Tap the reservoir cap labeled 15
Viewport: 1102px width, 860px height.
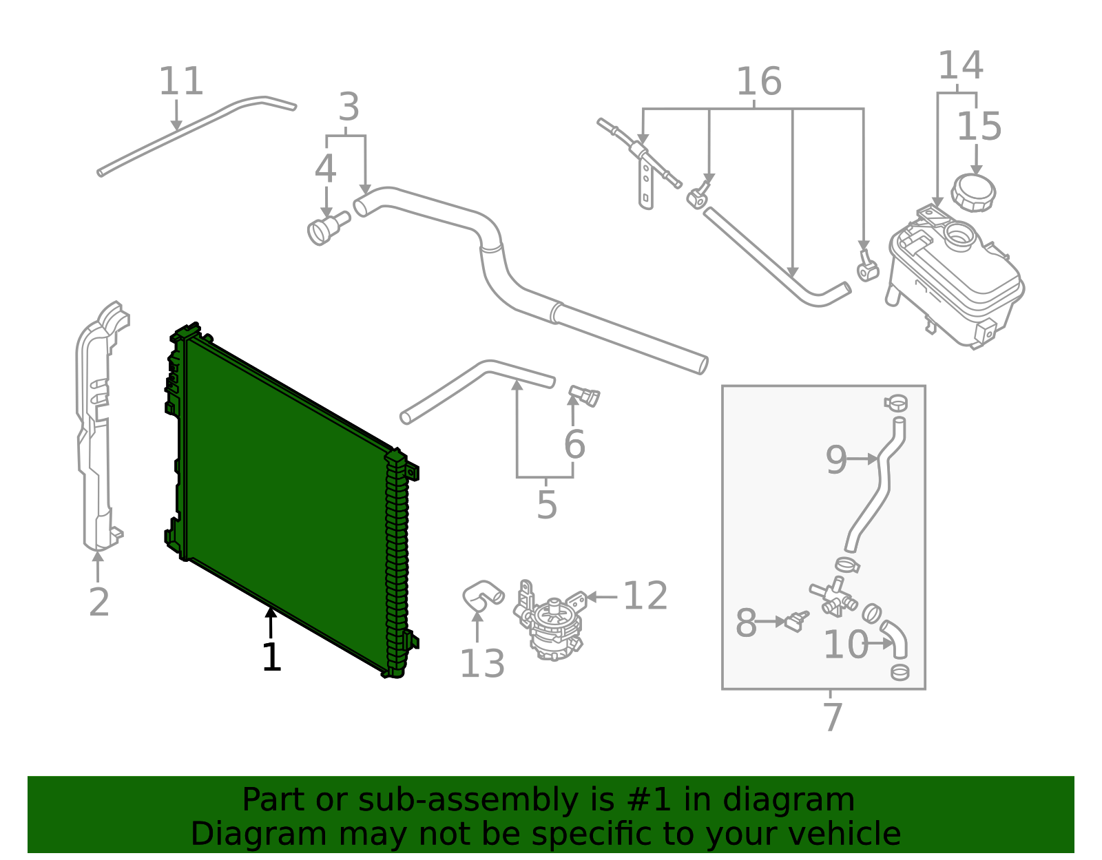[973, 192]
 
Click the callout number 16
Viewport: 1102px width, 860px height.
[758, 82]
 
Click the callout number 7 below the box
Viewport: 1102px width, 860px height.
[833, 717]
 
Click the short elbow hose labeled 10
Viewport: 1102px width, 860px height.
[895, 637]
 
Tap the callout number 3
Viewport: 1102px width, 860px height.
[349, 108]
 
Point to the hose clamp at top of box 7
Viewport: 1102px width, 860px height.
[896, 402]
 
